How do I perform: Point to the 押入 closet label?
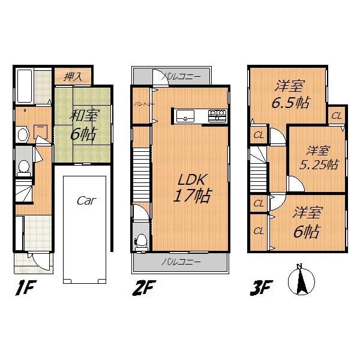pos(73,76)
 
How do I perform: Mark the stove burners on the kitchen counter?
pos(216,113)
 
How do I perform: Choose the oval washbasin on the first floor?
pos(22,134)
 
